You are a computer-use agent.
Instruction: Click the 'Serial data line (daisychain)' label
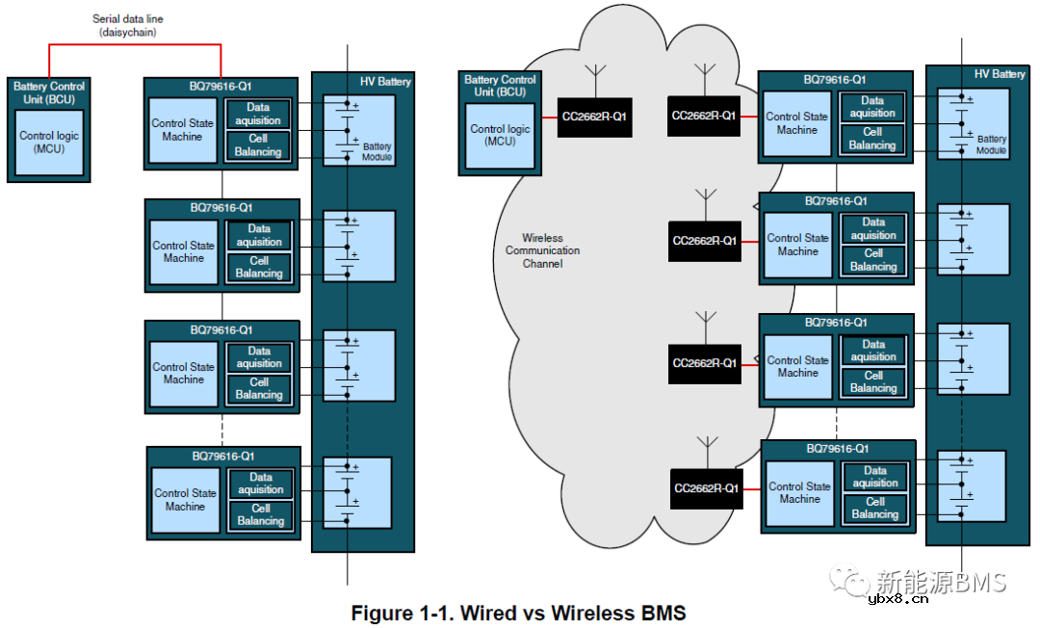click(x=128, y=25)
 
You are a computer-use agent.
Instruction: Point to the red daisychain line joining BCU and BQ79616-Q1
click(x=135, y=44)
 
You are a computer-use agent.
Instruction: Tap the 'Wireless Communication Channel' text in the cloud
click(x=543, y=250)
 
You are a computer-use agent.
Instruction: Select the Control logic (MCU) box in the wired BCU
click(x=49, y=142)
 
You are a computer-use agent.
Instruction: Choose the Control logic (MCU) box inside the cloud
click(x=500, y=135)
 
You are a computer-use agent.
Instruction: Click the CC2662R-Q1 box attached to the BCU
click(x=594, y=117)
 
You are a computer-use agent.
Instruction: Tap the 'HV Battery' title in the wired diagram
click(x=384, y=82)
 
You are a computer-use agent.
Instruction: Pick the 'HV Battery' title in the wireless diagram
click(x=999, y=74)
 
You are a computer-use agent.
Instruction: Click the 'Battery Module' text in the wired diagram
click(x=377, y=152)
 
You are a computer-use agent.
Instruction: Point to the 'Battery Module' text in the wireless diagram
click(x=991, y=144)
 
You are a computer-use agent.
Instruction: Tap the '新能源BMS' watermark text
click(x=941, y=582)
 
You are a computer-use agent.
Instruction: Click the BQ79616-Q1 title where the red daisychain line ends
click(x=221, y=86)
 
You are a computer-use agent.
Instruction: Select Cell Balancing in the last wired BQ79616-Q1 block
click(x=261, y=514)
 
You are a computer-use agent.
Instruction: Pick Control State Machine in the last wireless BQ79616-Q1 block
click(x=799, y=493)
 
